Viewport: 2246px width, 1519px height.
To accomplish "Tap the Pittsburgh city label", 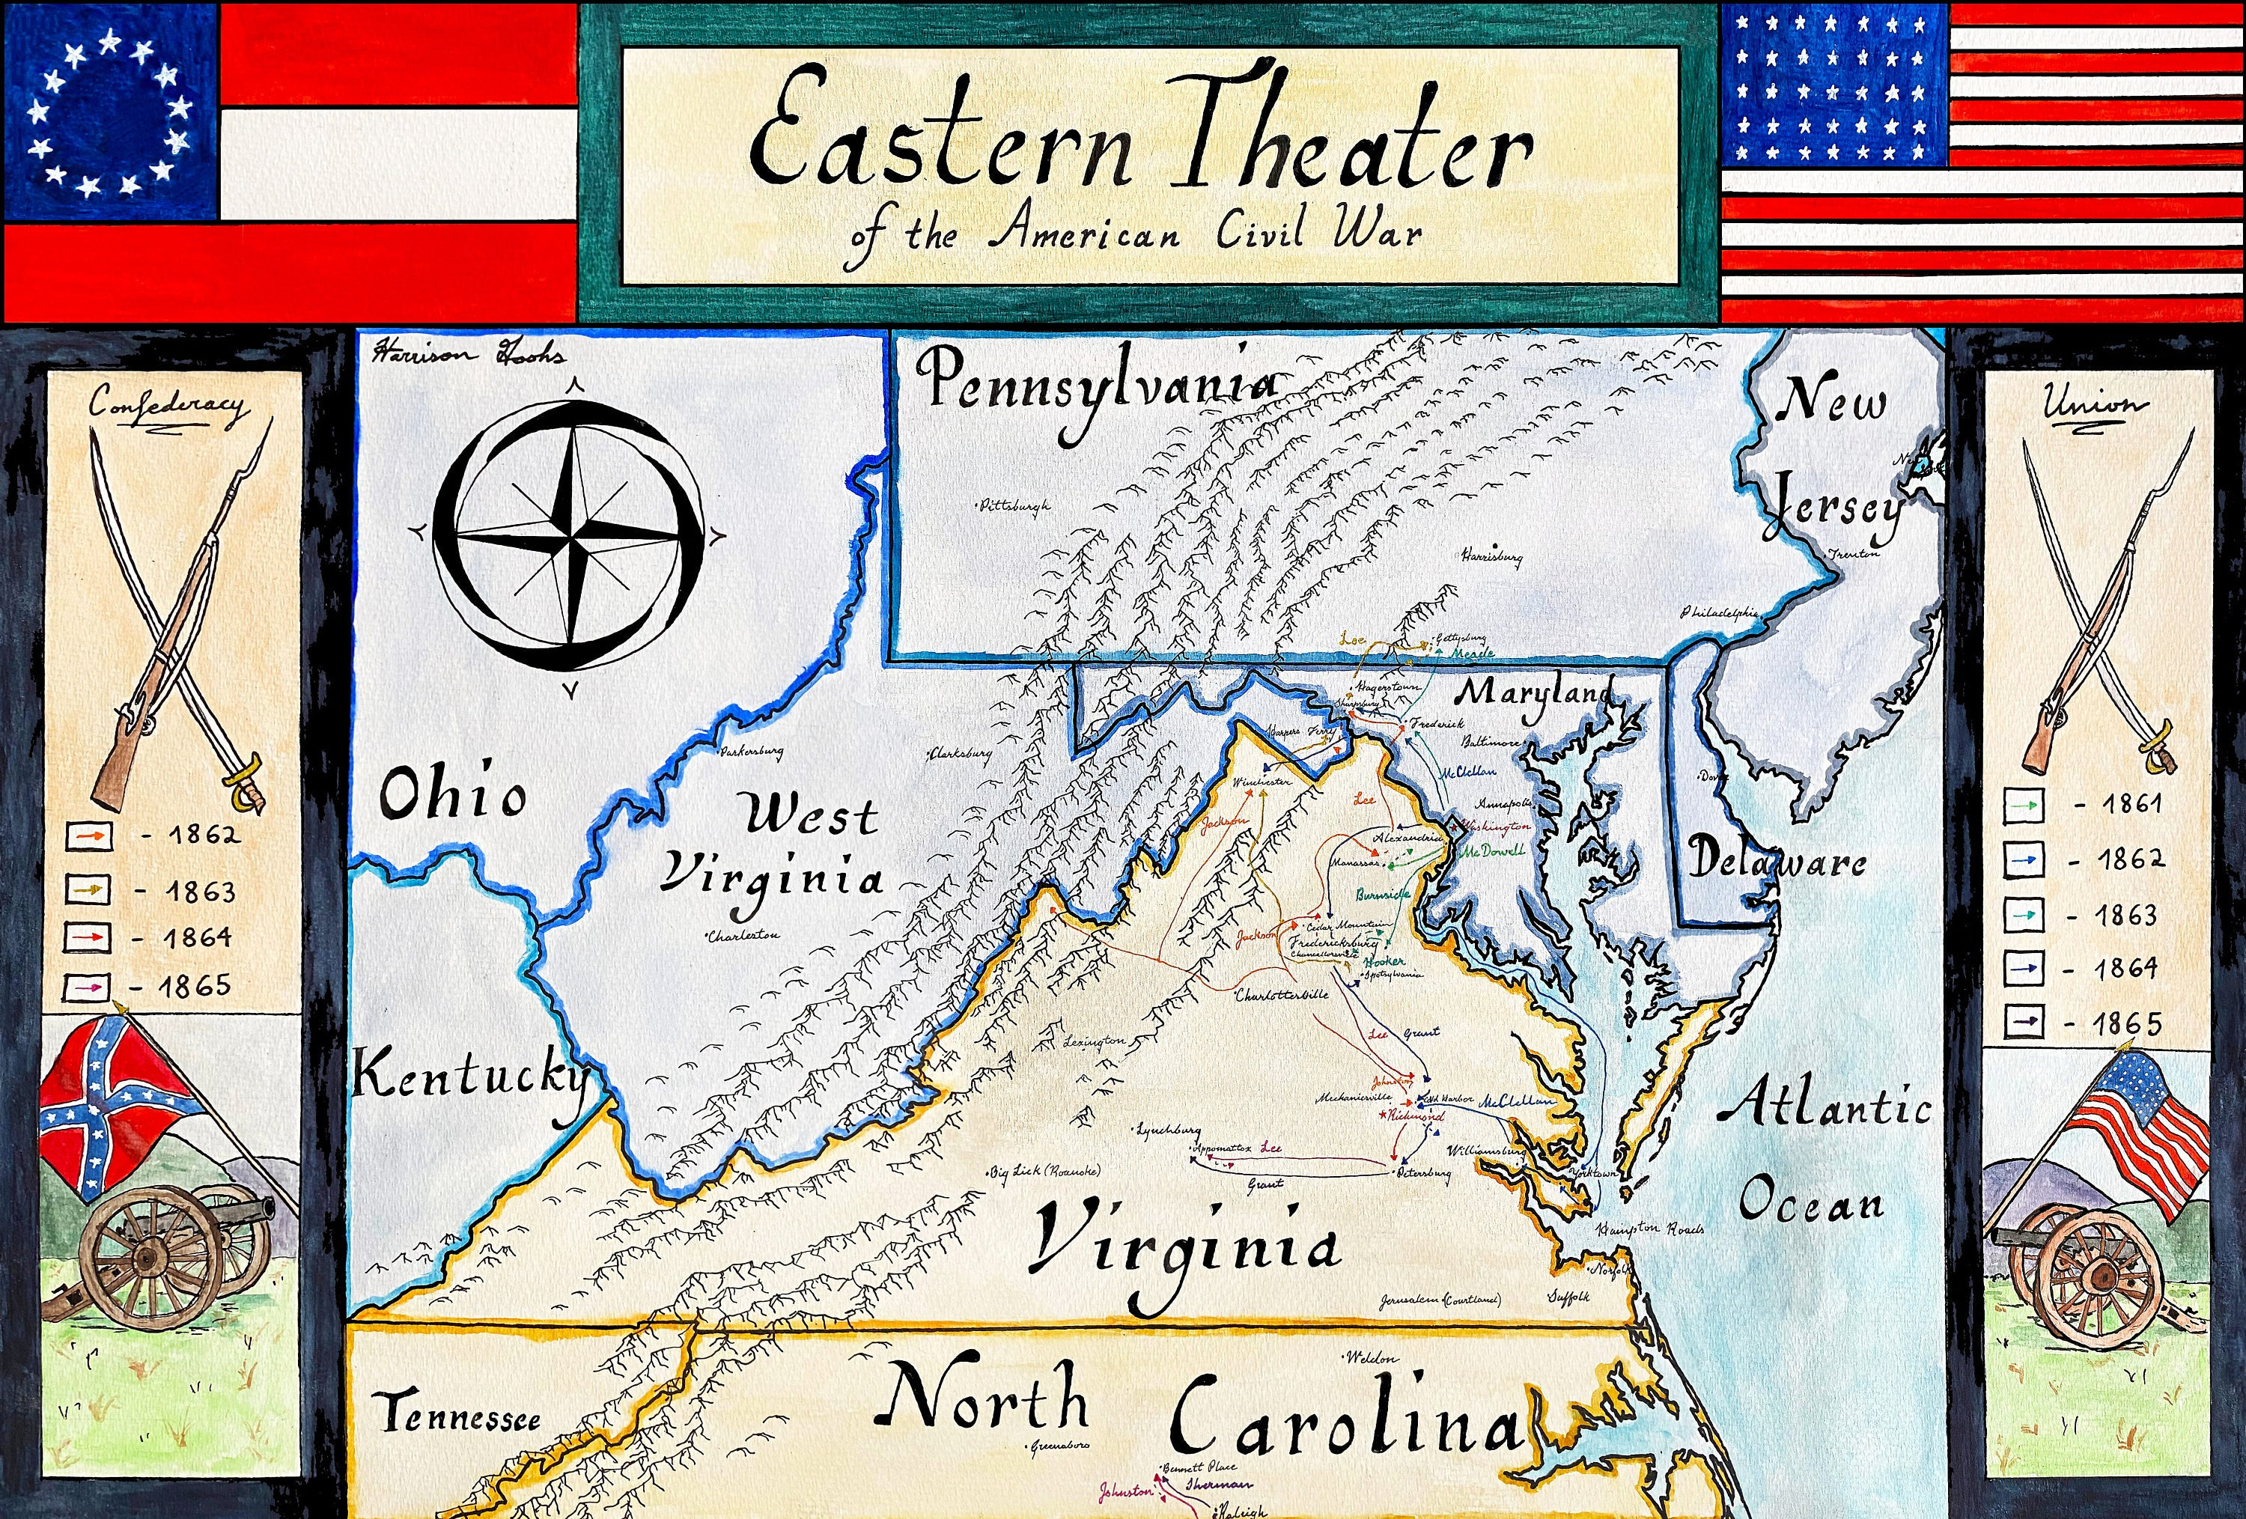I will pos(1014,505).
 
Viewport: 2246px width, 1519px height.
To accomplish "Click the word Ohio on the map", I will pos(452,794).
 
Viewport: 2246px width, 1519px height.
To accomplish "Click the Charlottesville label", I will pos(1282,994).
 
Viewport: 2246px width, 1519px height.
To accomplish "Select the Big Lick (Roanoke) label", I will pos(1044,1172).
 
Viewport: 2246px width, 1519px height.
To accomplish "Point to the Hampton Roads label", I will pos(1651,1229).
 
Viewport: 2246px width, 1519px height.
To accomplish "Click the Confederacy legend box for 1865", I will pos(87,987).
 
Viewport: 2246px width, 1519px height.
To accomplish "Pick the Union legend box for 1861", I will pos(2024,805).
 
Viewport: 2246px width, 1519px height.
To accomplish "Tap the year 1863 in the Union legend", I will pos(2125,915).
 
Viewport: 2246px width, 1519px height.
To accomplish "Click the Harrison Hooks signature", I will pos(469,355).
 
